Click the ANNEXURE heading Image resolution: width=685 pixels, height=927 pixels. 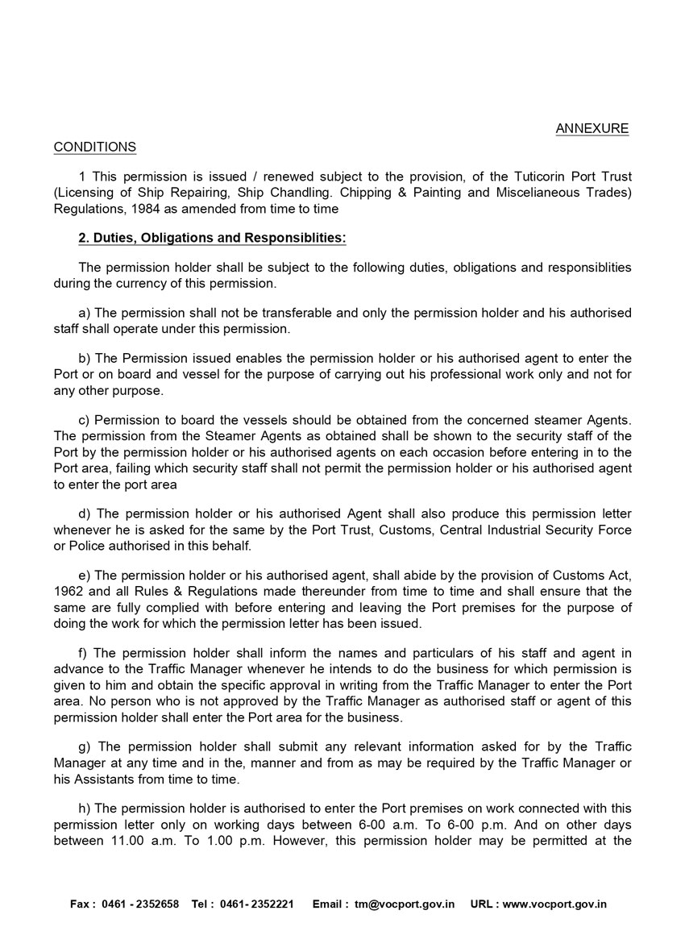click(x=592, y=129)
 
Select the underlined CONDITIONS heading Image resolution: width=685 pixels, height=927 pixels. click(x=94, y=147)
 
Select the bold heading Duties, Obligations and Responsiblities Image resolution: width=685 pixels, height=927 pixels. click(x=213, y=239)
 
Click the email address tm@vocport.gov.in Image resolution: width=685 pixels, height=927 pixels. click(x=405, y=904)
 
